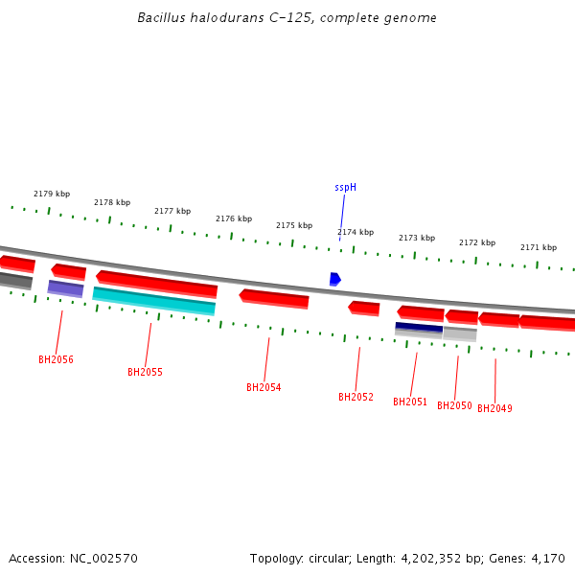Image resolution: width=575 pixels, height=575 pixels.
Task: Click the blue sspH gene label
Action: click(345, 188)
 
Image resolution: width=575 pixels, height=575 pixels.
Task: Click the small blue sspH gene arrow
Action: click(334, 279)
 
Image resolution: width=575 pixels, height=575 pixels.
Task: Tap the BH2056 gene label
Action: click(56, 360)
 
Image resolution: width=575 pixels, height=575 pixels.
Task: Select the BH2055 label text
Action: click(145, 372)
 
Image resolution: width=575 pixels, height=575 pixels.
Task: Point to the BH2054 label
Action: click(264, 387)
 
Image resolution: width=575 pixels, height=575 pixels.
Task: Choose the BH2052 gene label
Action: click(356, 397)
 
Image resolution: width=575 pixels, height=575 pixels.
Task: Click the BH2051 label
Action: click(410, 402)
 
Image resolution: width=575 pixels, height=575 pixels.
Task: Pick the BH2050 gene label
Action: click(454, 406)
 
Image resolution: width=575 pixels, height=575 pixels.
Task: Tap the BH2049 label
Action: click(494, 408)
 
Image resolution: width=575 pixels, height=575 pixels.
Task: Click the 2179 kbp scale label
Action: click(52, 194)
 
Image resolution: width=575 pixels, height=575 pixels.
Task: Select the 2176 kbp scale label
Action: click(234, 218)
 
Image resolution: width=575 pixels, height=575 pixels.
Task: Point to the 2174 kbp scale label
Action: click(356, 232)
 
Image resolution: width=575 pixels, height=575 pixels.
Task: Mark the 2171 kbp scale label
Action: click(539, 247)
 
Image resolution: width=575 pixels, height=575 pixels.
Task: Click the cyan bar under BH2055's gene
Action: click(153, 301)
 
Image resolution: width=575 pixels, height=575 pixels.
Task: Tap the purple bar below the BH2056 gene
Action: click(65, 287)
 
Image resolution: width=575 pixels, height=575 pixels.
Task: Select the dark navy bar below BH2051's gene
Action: click(419, 328)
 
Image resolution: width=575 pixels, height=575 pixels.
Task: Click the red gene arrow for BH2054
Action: click(274, 299)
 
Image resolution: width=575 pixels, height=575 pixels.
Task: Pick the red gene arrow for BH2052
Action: click(364, 309)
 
